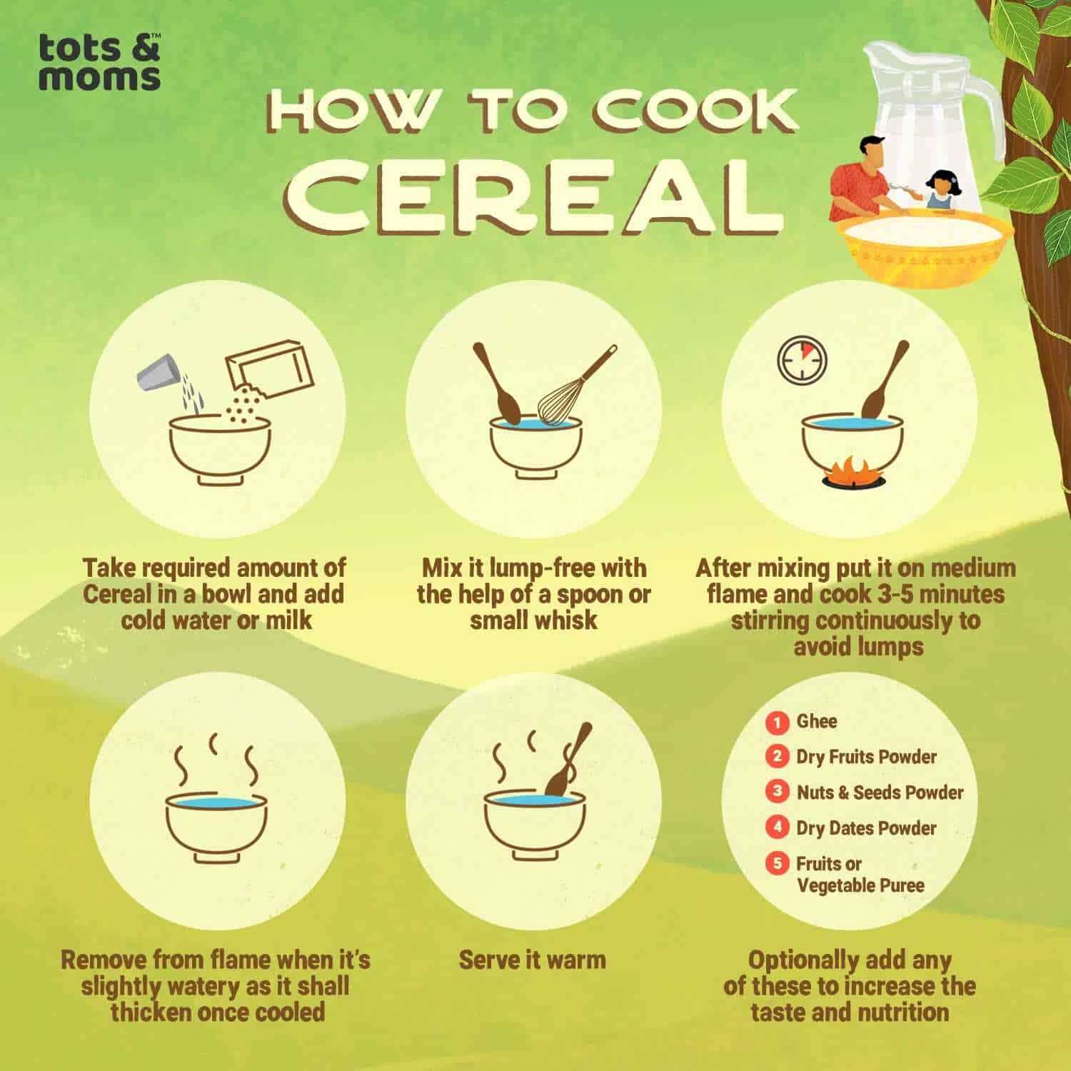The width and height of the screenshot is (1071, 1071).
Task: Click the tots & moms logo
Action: coord(99,63)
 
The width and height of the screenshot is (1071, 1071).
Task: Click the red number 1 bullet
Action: coord(777,721)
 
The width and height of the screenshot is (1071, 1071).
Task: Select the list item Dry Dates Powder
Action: coord(866,828)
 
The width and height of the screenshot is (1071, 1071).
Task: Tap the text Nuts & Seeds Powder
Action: coord(880,793)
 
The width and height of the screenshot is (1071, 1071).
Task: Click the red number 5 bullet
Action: coord(777,863)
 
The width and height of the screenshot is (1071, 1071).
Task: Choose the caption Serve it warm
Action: coord(533,960)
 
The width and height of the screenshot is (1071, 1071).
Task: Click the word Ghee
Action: coord(817,721)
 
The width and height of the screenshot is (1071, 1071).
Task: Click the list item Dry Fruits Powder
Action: coord(866,757)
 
